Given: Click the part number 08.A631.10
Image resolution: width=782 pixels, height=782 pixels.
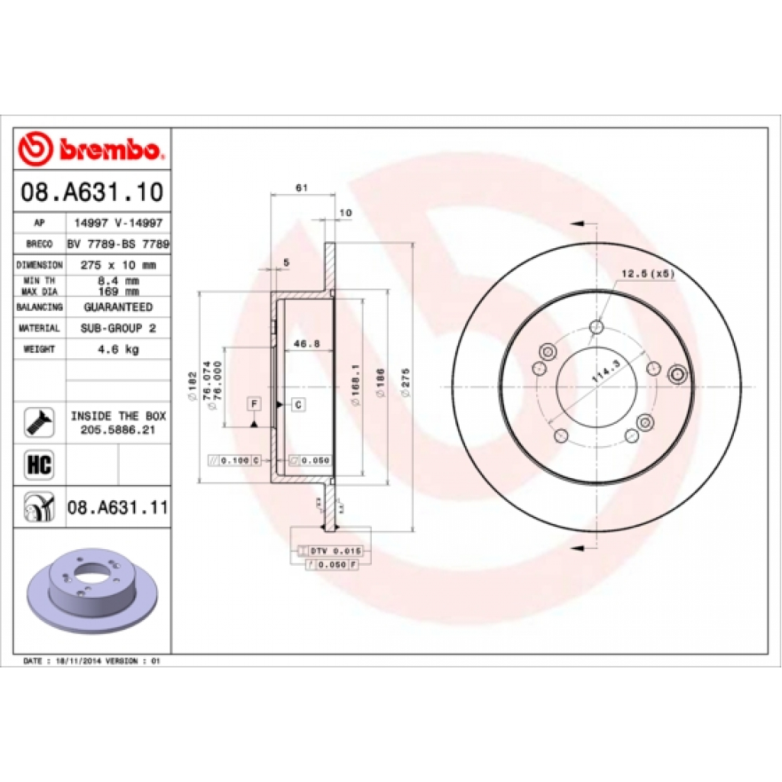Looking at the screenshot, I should pyautogui.click(x=92, y=192).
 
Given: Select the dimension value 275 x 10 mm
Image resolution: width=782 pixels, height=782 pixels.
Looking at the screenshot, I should pyautogui.click(x=118, y=265).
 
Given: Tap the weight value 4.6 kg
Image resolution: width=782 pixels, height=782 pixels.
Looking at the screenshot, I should pyautogui.click(x=118, y=349).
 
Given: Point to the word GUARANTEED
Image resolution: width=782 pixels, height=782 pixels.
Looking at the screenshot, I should pyautogui.click(x=118, y=307).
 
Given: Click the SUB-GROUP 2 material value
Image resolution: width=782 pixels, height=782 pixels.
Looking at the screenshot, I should pyautogui.click(x=118, y=328).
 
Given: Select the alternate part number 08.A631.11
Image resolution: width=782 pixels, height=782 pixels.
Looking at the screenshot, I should pyautogui.click(x=118, y=506).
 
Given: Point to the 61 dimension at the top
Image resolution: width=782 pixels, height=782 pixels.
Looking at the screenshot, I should pyautogui.click(x=301, y=187).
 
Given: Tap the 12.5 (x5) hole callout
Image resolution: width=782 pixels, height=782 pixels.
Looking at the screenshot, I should pyautogui.click(x=648, y=273).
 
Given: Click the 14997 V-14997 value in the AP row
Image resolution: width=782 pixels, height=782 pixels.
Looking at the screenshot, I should pyautogui.click(x=118, y=223).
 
